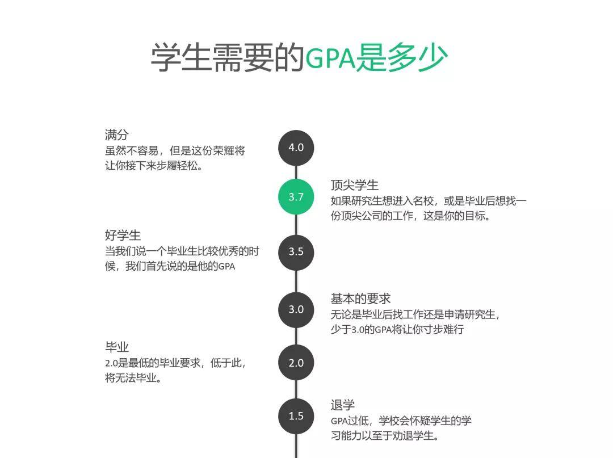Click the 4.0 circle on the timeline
296,148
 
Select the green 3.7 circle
296,197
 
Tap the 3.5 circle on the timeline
296,252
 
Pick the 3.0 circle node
296,309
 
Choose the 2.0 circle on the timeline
296,363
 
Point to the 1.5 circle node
296,416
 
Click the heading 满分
116,135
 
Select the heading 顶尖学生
355,185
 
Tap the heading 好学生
123,236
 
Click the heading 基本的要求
360,299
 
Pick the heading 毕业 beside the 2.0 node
116,347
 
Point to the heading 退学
342,405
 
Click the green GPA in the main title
330,58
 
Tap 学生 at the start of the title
181,58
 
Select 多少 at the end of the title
417,58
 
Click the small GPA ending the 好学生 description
226,267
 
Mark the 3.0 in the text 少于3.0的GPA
358,330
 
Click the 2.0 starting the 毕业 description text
111,363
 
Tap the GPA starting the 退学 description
339,421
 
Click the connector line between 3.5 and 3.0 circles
296,281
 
